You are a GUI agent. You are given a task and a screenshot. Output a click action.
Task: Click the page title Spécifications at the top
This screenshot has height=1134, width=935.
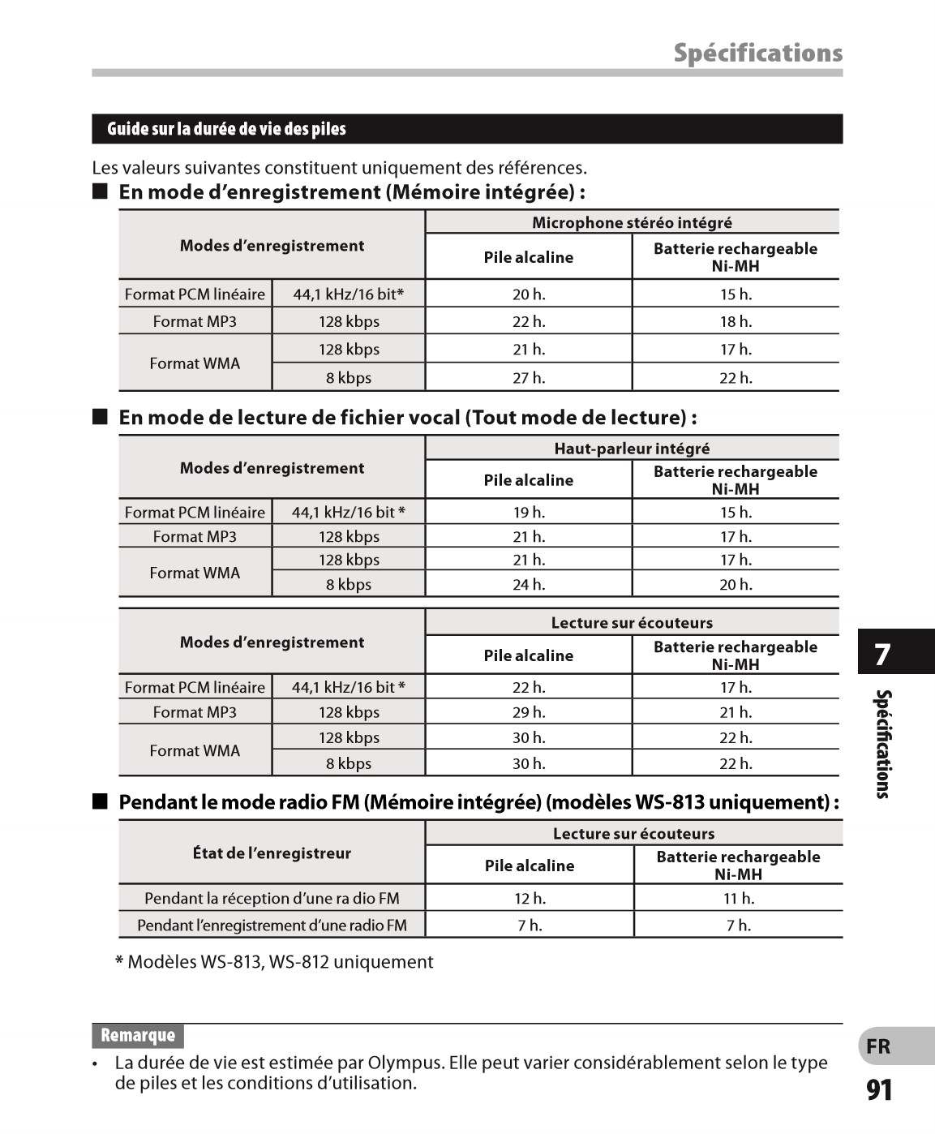[x=757, y=53]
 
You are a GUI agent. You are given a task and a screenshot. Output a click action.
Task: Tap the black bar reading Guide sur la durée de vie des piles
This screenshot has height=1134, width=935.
[x=467, y=129]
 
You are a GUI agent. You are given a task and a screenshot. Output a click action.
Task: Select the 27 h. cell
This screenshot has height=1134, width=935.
[x=529, y=378]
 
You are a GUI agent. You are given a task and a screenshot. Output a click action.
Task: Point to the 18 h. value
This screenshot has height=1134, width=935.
[x=736, y=321]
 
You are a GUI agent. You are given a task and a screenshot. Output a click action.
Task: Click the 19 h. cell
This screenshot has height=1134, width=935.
[x=529, y=512]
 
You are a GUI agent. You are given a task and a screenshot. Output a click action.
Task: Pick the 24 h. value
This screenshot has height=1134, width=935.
[x=529, y=584]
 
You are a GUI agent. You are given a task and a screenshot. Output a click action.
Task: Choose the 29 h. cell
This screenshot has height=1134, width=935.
[x=529, y=712]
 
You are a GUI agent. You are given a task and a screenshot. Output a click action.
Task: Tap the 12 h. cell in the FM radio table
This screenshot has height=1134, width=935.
[x=530, y=898]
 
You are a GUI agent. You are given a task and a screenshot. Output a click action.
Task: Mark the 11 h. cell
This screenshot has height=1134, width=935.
[x=738, y=898]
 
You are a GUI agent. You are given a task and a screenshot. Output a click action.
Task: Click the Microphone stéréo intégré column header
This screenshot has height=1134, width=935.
[x=632, y=222]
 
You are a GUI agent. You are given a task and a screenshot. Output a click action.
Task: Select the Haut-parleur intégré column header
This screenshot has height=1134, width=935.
[x=632, y=449]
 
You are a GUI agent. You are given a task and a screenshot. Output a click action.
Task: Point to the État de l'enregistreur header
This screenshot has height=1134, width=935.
[x=272, y=853]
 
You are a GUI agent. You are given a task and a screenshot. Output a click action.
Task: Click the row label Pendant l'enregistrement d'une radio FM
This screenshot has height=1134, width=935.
[x=272, y=925]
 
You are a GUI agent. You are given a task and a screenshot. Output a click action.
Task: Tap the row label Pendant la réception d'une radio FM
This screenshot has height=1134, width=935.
[x=272, y=898]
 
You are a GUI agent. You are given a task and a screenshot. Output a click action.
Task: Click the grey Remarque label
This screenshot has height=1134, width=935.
[x=138, y=1036]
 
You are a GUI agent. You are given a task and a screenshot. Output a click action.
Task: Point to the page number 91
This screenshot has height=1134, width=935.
[x=879, y=1090]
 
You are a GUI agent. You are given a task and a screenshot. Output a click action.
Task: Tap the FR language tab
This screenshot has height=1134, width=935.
[x=878, y=1046]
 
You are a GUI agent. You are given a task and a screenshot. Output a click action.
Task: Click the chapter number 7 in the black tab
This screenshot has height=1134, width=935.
[x=883, y=654]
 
